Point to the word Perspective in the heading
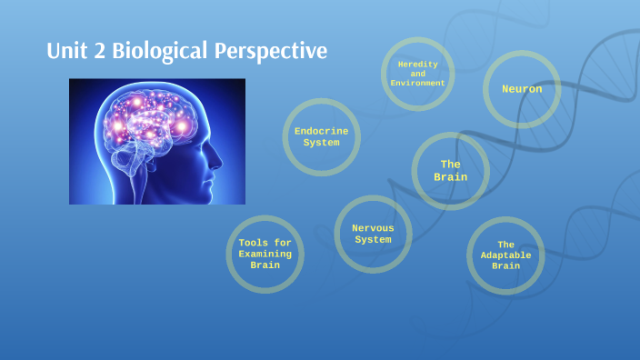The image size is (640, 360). (x=271, y=52)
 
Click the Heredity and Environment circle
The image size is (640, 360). (x=418, y=74)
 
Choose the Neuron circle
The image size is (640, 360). (x=522, y=89)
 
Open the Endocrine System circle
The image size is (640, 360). (x=321, y=136)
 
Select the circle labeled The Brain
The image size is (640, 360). (x=451, y=171)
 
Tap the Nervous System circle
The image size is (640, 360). (x=373, y=234)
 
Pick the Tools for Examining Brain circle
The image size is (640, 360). (x=265, y=254)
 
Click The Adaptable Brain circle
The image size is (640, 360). (x=505, y=255)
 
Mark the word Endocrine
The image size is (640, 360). (x=321, y=131)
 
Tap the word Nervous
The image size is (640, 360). (x=373, y=228)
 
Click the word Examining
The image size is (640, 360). (x=265, y=254)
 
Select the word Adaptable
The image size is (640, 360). (x=505, y=255)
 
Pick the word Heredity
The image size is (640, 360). (x=418, y=64)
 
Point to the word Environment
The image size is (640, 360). (x=418, y=84)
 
